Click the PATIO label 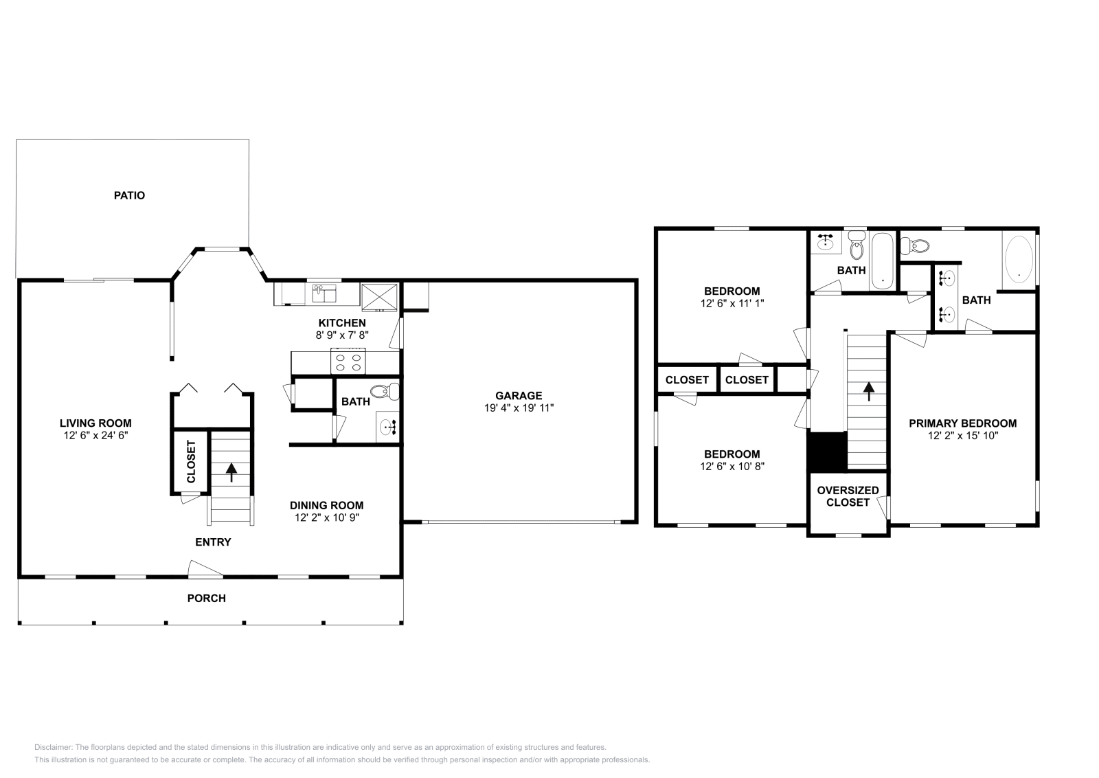tap(130, 195)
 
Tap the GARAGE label tap(519, 396)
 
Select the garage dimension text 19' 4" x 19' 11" tap(519, 408)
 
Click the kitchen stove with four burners tap(348, 362)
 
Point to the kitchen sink tap(324, 293)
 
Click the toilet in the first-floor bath tap(385, 392)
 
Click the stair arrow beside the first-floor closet tap(231, 471)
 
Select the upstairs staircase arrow tap(869, 391)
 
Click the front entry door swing tap(205, 568)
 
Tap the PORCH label tap(207, 599)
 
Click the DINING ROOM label tap(327, 506)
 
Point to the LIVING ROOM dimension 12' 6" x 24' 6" tap(95, 435)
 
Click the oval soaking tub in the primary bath tap(1019, 260)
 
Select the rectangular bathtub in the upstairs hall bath tap(883, 260)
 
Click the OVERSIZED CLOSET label tap(848, 496)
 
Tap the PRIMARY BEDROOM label tap(962, 423)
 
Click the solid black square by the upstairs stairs tap(828, 452)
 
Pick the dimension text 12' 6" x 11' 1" tap(732, 303)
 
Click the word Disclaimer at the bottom tap(54, 747)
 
